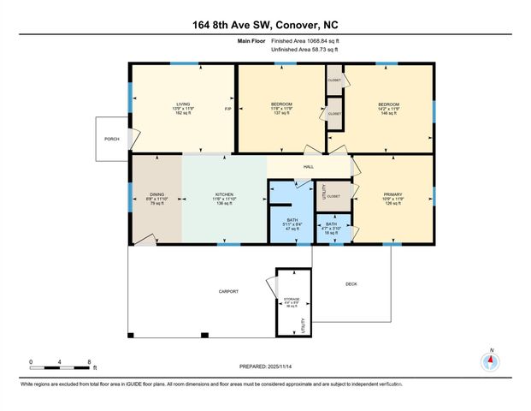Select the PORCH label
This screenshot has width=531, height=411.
(x=111, y=140)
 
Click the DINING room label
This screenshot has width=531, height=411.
(x=156, y=195)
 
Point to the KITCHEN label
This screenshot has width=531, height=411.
(x=223, y=195)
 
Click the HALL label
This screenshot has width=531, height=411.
(x=309, y=168)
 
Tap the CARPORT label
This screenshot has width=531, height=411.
(x=227, y=291)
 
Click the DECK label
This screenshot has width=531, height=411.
(x=351, y=284)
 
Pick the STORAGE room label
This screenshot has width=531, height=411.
(x=292, y=300)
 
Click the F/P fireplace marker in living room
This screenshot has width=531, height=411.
(x=227, y=109)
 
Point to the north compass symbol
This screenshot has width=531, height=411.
(x=491, y=360)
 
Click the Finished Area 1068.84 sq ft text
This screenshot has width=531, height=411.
(x=306, y=41)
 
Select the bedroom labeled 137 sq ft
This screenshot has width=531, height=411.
(x=282, y=109)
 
